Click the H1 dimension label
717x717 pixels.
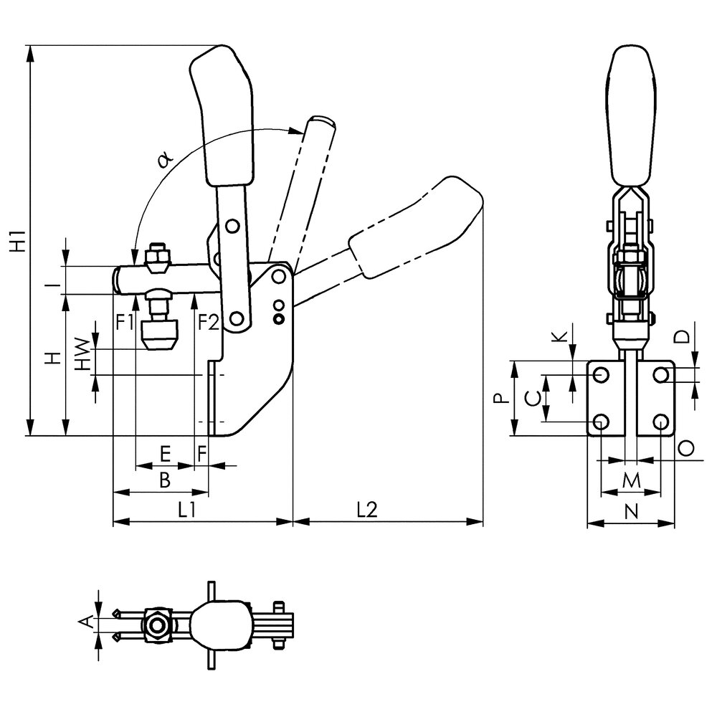[x=19, y=240]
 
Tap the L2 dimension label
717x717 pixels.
[x=366, y=508]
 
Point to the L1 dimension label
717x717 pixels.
[x=188, y=508]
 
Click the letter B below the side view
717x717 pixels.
[x=164, y=480]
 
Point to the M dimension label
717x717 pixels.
[x=630, y=480]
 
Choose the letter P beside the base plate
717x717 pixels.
[x=505, y=399]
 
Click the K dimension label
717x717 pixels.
[x=560, y=336]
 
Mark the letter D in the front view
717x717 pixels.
[x=683, y=336]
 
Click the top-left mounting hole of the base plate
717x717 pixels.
[x=601, y=375]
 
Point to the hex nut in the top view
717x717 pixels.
[x=156, y=624]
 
